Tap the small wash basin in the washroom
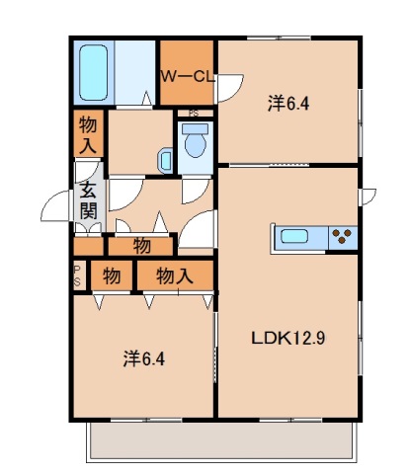164,159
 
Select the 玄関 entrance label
88,201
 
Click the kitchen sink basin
297,236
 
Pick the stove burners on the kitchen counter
343,236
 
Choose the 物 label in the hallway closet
141,244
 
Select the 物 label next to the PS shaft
112,276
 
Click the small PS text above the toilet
193,113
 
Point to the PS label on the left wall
77,275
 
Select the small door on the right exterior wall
368,192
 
